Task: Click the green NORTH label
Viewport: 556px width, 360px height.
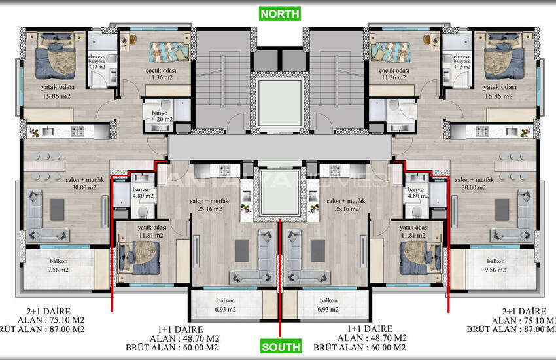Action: coord(279,13)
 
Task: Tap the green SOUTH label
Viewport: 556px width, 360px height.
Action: coord(279,347)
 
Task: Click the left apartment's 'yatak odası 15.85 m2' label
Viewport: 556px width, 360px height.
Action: coord(57,92)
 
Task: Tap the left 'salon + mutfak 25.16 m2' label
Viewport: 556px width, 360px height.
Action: coord(206,205)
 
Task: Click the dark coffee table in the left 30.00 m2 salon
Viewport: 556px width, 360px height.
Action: coord(57,209)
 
